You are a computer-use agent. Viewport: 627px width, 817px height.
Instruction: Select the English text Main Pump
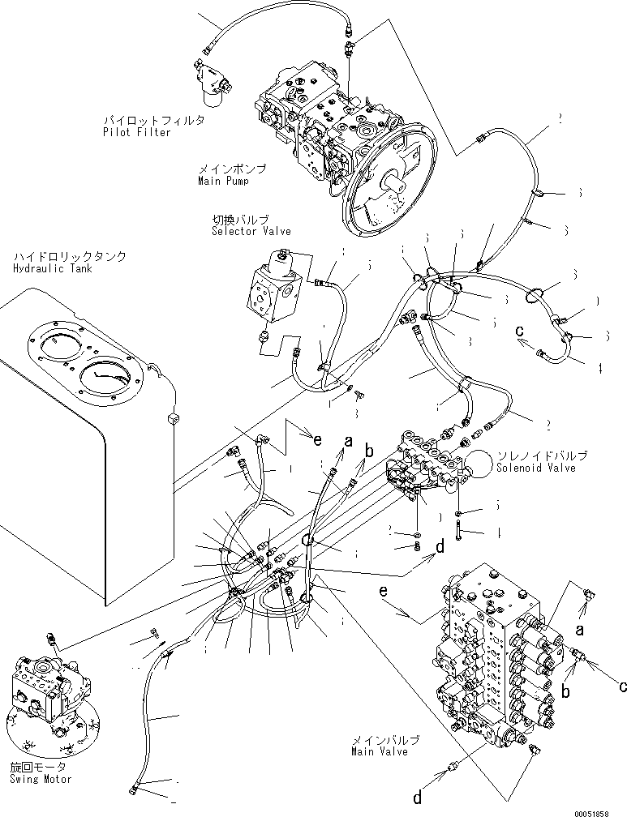[x=222, y=182]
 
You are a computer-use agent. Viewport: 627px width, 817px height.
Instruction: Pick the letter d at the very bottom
[x=416, y=798]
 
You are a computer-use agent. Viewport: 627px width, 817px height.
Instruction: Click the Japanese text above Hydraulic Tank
[x=69, y=257]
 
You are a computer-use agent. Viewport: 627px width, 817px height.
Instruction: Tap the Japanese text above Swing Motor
[x=37, y=767]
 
